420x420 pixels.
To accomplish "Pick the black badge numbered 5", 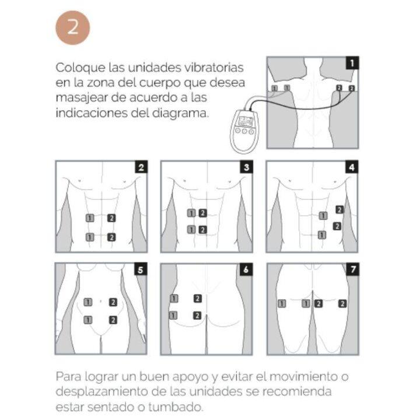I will coord(141,270).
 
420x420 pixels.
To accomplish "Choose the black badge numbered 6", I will coord(246,270).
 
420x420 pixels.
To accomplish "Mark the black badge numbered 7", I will coord(352,270).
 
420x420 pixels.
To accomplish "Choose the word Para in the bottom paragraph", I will coord(69,376).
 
